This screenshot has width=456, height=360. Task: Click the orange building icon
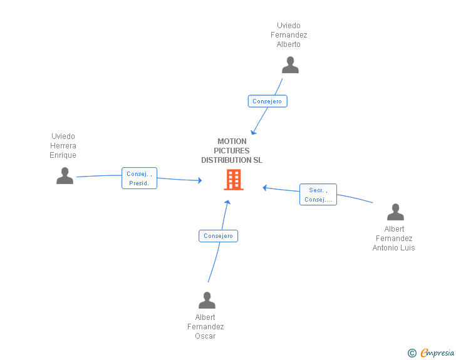(234, 180)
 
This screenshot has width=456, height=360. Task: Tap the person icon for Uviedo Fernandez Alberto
(290, 65)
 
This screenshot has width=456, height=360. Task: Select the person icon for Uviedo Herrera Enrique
(65, 176)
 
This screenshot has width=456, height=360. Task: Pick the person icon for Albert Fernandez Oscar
(207, 300)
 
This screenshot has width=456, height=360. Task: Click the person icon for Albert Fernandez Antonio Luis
(395, 212)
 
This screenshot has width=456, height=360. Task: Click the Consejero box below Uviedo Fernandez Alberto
(267, 101)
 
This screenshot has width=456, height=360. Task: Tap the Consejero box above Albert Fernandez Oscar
(218, 236)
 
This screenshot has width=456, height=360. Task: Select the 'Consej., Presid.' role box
(139, 178)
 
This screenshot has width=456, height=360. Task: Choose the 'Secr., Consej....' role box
(318, 195)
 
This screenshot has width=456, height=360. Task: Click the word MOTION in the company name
(232, 141)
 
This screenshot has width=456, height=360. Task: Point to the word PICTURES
(232, 151)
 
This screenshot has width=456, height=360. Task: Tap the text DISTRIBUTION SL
(232, 160)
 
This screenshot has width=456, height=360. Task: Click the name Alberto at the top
(289, 44)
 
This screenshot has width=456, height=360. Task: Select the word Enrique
(63, 155)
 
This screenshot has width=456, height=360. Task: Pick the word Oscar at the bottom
(205, 336)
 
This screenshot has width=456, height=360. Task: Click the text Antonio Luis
(394, 248)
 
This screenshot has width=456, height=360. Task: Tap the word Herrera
(63, 145)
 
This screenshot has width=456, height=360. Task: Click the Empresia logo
(437, 353)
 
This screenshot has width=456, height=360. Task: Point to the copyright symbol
(412, 353)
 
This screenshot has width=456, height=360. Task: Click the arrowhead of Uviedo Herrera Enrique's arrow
(200, 180)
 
